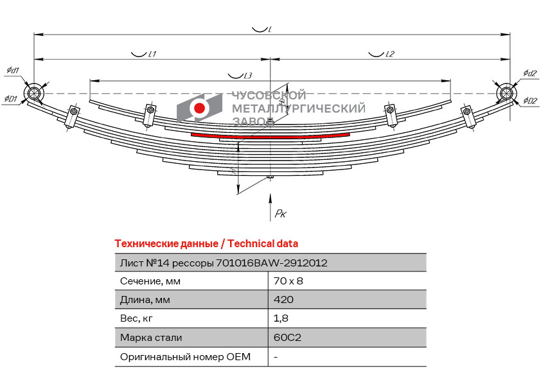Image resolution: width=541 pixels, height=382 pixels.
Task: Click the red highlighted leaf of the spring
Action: pyautogui.click(x=270, y=135)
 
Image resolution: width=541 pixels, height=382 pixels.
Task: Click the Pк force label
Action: pyautogui.click(x=279, y=214)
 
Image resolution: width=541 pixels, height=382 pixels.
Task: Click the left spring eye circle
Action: pyautogui.click(x=34, y=94)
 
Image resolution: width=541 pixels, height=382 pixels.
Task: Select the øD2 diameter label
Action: pyautogui.click(x=529, y=100)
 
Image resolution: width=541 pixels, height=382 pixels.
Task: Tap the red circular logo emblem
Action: pyautogui.click(x=200, y=109)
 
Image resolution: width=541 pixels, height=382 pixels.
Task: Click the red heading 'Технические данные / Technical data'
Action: pyautogui.click(x=206, y=244)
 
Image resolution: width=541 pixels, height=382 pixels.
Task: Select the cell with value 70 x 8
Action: pyautogui.click(x=288, y=281)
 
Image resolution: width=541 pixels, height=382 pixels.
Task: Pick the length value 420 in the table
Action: pyautogui.click(x=283, y=300)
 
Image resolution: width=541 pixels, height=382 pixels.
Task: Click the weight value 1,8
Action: pyautogui.click(x=281, y=318)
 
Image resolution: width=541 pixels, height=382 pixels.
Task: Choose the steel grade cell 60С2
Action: pyautogui.click(x=287, y=338)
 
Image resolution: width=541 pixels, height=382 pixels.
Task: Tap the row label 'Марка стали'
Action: pyautogui.click(x=151, y=338)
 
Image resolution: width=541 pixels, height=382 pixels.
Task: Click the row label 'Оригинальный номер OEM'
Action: pyautogui.click(x=185, y=356)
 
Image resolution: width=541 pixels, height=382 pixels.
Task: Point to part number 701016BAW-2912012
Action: pyautogui.click(x=272, y=263)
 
